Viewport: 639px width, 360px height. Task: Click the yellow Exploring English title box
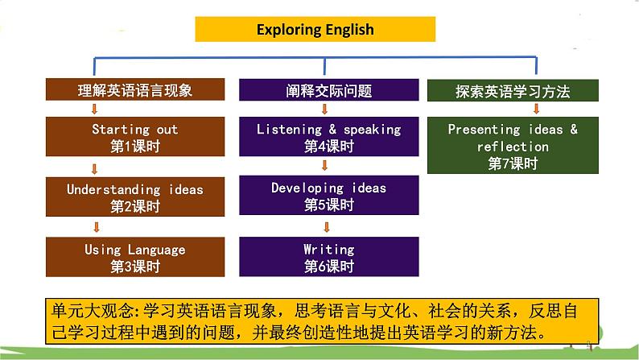click(315, 29)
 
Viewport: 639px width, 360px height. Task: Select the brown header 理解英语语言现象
click(135, 89)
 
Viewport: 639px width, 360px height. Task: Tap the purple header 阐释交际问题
click(329, 89)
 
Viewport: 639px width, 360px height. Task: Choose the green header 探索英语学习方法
click(513, 90)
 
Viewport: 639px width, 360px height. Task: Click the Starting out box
click(135, 137)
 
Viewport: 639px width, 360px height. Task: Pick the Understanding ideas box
click(135, 197)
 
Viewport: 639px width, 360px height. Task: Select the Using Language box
click(135, 257)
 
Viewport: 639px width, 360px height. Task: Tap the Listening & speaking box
click(329, 137)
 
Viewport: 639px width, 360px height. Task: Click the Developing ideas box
click(329, 195)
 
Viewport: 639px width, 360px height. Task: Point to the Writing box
click(329, 257)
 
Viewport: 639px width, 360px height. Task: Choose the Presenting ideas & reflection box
click(513, 145)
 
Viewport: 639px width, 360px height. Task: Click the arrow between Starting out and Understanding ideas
click(94, 169)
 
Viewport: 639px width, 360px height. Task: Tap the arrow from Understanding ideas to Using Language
click(97, 226)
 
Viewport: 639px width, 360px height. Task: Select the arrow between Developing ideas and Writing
click(327, 226)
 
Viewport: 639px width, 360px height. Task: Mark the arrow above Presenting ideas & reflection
click(536, 109)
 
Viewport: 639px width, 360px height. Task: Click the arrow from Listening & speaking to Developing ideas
click(325, 165)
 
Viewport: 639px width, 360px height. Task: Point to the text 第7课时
click(513, 163)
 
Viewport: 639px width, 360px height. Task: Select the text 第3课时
click(135, 267)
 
